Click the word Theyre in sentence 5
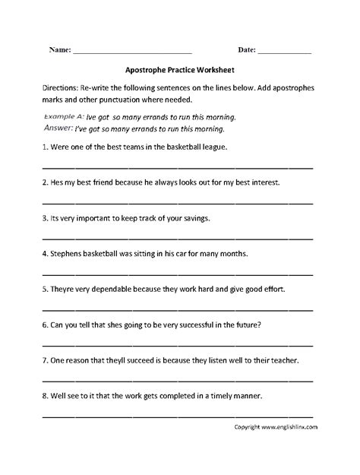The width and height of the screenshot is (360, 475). [65, 289]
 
